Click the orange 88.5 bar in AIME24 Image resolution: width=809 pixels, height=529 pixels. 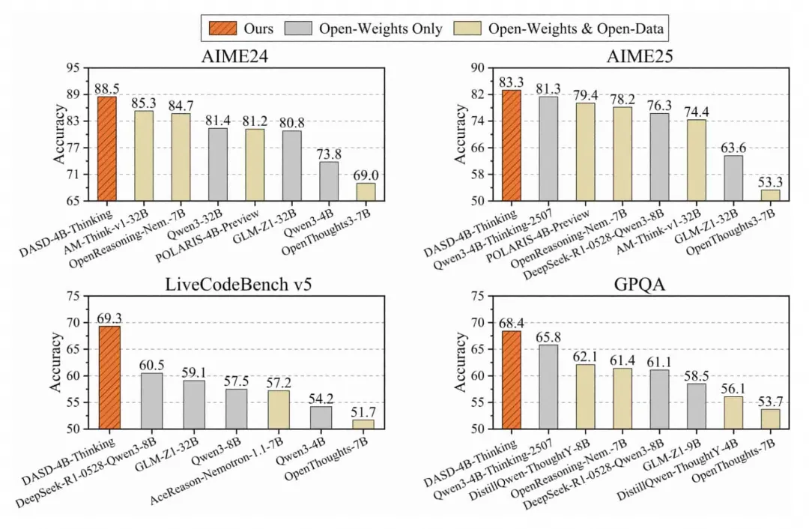(106, 149)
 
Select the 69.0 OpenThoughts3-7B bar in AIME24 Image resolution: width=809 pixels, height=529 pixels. (366, 192)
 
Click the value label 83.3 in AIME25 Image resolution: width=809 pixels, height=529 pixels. (512, 82)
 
